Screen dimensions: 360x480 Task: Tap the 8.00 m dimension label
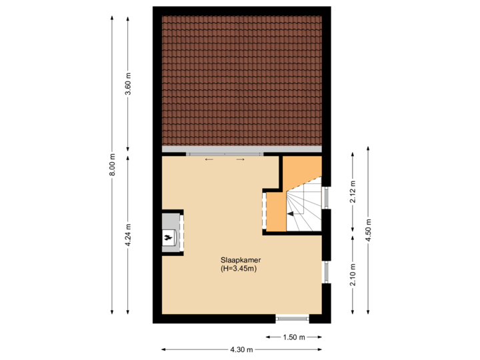(113, 165)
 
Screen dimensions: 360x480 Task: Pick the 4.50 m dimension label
(369, 230)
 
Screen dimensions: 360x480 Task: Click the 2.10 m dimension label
(353, 274)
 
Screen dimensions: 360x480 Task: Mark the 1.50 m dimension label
(293, 337)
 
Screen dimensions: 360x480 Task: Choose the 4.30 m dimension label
(241, 349)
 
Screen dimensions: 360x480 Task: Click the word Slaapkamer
(241, 259)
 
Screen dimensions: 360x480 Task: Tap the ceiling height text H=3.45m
(239, 269)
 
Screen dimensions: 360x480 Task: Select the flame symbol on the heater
(168, 236)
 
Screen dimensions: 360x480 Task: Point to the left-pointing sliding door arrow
(209, 160)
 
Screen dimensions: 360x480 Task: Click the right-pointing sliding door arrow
(241, 160)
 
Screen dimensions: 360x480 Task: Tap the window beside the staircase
(327, 198)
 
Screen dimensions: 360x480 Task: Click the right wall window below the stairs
(327, 271)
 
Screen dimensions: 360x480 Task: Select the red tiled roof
(241, 80)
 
